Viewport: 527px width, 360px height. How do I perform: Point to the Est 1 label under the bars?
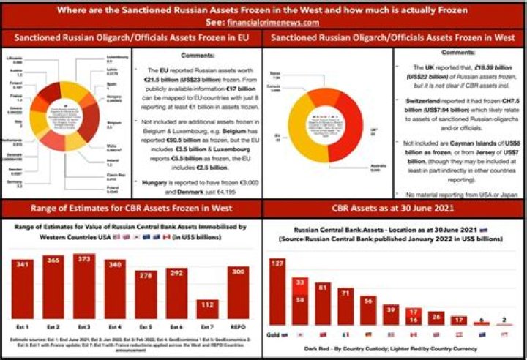[x=22, y=326]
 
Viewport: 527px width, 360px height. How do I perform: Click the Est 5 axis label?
[x=146, y=326]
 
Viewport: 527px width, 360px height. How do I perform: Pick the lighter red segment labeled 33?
[x=300, y=282]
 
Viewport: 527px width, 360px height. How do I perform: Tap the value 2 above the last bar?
[x=504, y=319]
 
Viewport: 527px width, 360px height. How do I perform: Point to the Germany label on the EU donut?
[x=12, y=186]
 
